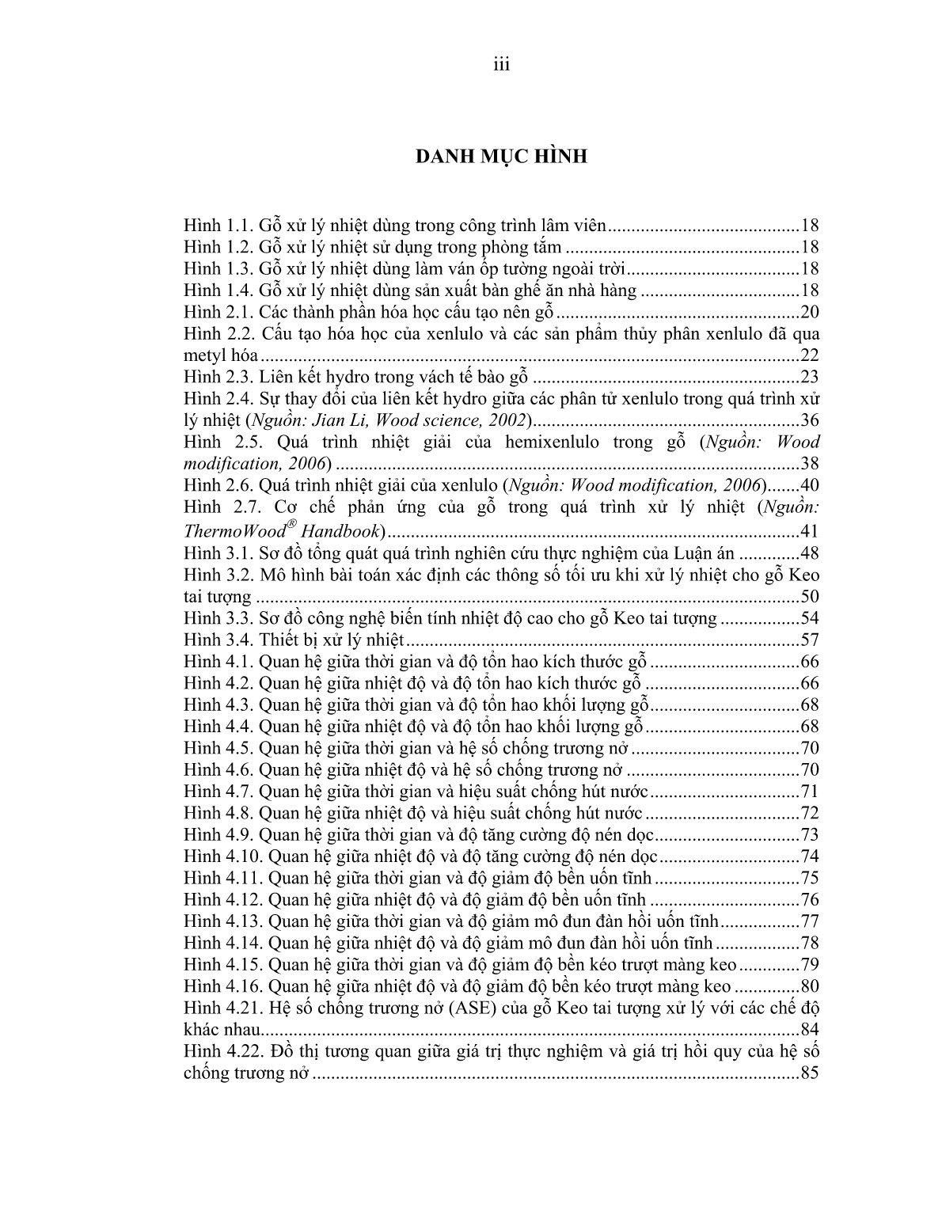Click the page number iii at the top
point(501,65)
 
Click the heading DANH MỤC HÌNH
point(502,157)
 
